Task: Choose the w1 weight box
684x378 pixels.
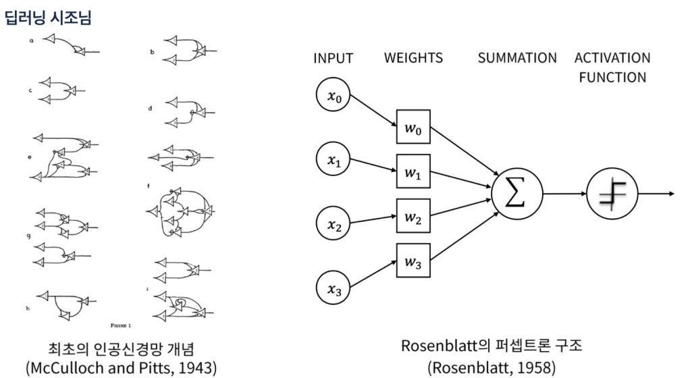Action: (x=413, y=173)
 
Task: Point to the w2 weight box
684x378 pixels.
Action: (x=413, y=217)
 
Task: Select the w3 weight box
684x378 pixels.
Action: (x=413, y=262)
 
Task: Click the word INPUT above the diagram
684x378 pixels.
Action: (x=333, y=58)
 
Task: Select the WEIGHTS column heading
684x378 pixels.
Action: (x=413, y=58)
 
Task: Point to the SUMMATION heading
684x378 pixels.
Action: (x=517, y=58)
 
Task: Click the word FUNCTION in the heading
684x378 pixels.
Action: (x=612, y=77)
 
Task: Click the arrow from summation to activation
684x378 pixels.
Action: (x=564, y=194)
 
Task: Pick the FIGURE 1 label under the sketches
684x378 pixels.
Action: (x=120, y=325)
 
